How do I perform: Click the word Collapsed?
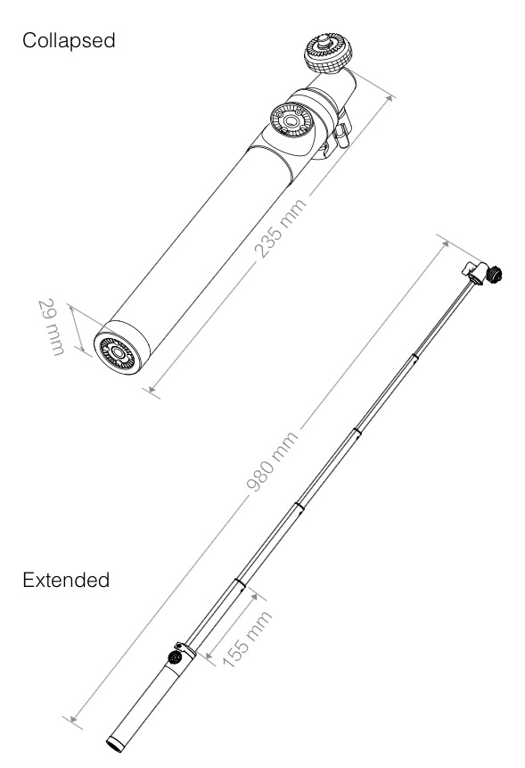pyautogui.click(x=69, y=41)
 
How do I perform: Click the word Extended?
pyautogui.click(x=66, y=580)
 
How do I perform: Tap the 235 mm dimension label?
pyautogui.click(x=281, y=228)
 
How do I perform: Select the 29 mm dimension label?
pyautogui.click(x=51, y=327)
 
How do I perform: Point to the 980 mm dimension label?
pyautogui.click(x=273, y=461)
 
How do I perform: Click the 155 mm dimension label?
pyautogui.click(x=247, y=640)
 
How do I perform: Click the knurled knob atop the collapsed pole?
pyautogui.click(x=328, y=53)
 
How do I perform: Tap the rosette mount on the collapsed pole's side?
pyautogui.click(x=291, y=120)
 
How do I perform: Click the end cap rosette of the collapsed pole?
pyautogui.click(x=118, y=351)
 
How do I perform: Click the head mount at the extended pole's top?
pyautogui.click(x=482, y=273)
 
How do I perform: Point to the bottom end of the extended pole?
pyautogui.click(x=115, y=745)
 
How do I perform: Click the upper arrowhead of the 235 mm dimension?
pyautogui.click(x=389, y=98)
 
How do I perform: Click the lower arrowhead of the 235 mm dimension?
pyautogui.click(x=152, y=389)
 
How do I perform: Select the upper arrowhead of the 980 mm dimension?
pyautogui.click(x=445, y=244)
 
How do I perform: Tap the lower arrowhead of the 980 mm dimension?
pyautogui.click(x=73, y=719)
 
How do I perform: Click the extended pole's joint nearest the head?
pyautogui.click(x=414, y=357)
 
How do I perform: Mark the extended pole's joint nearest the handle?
pyautogui.click(x=240, y=582)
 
